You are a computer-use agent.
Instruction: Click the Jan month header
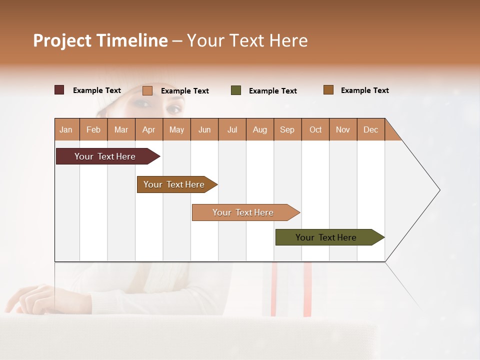[x=66, y=129]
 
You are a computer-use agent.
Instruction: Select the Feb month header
[x=93, y=129]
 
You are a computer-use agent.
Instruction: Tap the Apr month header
[x=148, y=129]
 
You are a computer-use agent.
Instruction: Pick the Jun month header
[x=204, y=129]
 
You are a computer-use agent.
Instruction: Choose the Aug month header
[x=259, y=129]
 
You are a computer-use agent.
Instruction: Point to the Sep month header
[x=287, y=129]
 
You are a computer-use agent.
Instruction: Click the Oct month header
[x=315, y=129]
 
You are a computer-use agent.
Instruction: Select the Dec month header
[x=370, y=129]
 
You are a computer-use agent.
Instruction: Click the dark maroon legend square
[x=59, y=90]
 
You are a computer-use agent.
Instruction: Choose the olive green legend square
[x=236, y=90]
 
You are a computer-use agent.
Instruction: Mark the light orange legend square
[x=147, y=90]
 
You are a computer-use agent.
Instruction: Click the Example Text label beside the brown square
[x=364, y=90]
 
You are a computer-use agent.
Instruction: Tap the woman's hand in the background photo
[x=30, y=297]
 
